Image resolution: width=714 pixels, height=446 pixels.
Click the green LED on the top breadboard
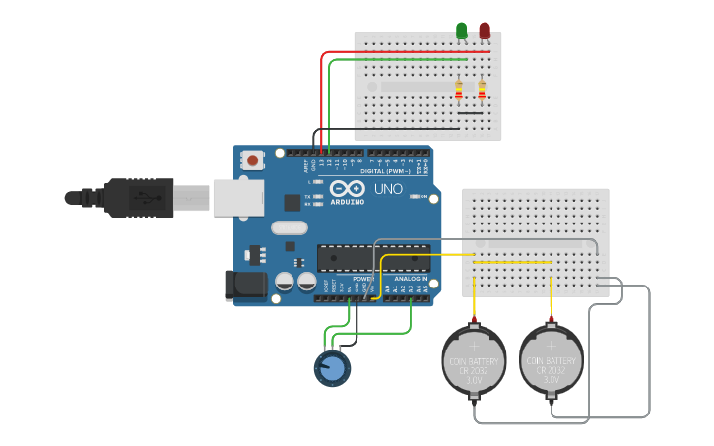(x=462, y=31)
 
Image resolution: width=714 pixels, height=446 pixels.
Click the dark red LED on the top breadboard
(x=485, y=31)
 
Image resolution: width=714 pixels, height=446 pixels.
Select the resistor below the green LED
(x=459, y=91)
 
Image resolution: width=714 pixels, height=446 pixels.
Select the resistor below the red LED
(x=482, y=91)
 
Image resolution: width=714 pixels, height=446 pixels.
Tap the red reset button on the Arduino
(x=254, y=159)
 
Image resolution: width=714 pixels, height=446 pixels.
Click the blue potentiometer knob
(x=332, y=368)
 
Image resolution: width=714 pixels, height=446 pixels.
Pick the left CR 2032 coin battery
(x=474, y=360)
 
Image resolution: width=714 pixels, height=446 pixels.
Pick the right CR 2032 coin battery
(x=552, y=360)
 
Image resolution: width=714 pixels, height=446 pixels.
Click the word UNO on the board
(x=388, y=189)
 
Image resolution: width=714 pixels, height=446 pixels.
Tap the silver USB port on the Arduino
(x=237, y=197)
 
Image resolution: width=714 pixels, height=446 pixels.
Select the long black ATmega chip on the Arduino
(x=372, y=257)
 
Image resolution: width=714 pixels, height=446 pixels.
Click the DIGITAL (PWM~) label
(x=387, y=170)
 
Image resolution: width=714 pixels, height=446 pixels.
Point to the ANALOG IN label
(x=411, y=279)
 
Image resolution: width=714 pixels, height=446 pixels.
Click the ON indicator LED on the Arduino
(x=415, y=197)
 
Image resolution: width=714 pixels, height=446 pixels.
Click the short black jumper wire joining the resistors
(x=471, y=113)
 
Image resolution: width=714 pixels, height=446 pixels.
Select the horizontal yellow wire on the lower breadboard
(x=512, y=263)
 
